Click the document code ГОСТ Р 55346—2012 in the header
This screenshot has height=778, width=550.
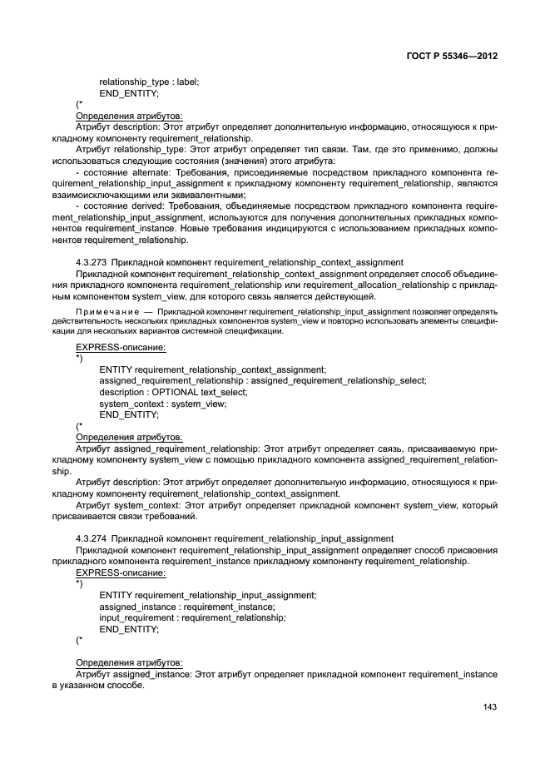tap(451, 57)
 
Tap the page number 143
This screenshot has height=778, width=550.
tap(489, 707)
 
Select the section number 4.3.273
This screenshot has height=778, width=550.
tap(91, 262)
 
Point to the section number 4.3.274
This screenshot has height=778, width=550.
tap(91, 538)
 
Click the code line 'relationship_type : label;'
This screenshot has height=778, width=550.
tap(149, 82)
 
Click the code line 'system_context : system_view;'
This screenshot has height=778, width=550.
tap(162, 404)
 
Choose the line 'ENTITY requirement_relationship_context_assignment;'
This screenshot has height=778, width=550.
tap(212, 369)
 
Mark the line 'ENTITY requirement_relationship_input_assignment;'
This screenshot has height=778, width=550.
tap(207, 595)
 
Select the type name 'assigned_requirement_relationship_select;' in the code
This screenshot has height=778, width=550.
tap(339, 380)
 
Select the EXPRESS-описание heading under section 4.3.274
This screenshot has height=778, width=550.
tap(121, 572)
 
